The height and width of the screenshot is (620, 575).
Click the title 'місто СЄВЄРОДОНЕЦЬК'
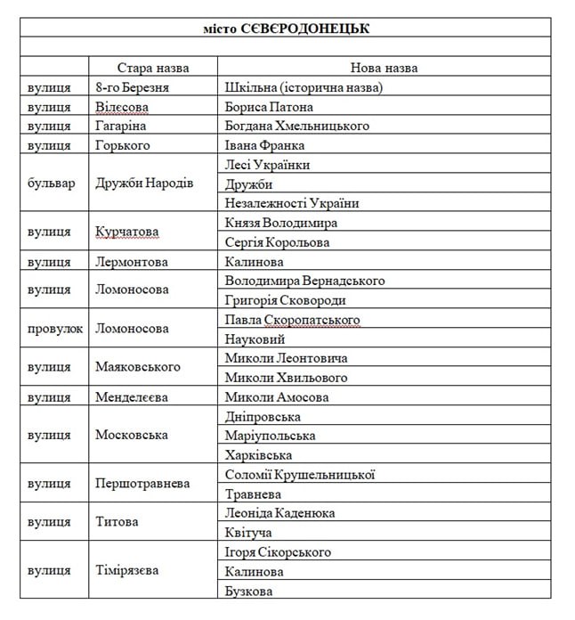coord(286,29)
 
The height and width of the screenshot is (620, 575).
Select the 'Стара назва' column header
coord(153,68)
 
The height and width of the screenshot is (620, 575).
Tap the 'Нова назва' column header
coord(384,68)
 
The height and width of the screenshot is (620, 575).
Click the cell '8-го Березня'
coord(132,87)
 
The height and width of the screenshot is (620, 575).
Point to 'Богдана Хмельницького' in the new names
coord(296,126)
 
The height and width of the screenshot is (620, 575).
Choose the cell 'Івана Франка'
coord(264,145)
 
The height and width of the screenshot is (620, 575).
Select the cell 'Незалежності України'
coord(292,203)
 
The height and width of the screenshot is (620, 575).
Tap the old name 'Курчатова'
coord(126,232)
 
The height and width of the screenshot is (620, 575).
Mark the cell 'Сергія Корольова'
coord(277,242)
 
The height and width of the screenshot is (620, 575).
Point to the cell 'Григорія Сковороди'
coord(285,300)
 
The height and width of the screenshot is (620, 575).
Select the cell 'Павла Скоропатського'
coord(291,320)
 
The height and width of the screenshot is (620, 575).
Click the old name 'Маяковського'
coord(137,367)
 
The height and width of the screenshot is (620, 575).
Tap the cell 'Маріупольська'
coord(270,436)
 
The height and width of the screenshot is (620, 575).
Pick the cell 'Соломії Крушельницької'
coord(299,474)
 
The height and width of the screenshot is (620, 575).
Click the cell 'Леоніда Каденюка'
coord(279,513)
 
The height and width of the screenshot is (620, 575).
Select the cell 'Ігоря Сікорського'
coord(278,552)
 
